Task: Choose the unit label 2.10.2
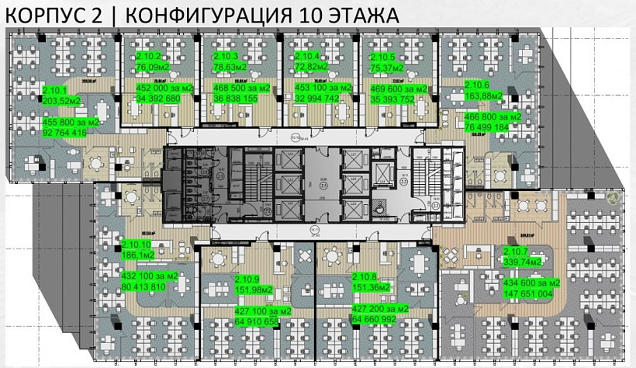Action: pyautogui.click(x=149, y=57)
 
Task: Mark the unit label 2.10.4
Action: pyautogui.click(x=308, y=56)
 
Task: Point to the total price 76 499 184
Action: pyautogui.click(x=486, y=127)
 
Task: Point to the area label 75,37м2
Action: pyautogui.click(x=387, y=67)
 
